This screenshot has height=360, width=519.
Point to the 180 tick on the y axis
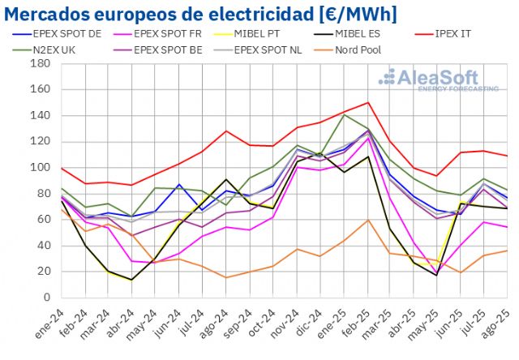(x=41, y=64)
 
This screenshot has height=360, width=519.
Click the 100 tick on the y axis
(x=41, y=168)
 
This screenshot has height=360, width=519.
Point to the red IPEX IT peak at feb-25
(x=368, y=102)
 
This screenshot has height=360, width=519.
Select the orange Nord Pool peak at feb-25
(x=368, y=220)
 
